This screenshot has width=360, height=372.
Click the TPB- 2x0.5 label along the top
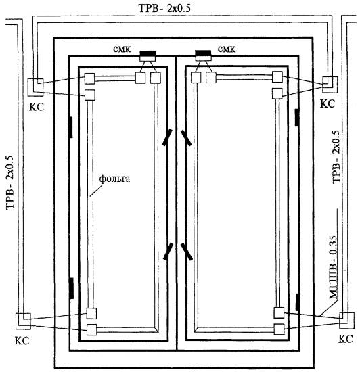point(164,9)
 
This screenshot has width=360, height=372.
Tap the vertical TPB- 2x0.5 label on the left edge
point(10,182)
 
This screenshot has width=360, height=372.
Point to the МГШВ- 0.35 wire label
point(333,267)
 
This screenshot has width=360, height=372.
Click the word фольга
point(114,179)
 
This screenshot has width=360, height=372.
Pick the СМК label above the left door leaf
point(122,49)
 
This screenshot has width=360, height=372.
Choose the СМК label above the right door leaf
point(227,49)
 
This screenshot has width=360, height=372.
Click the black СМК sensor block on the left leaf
point(148,53)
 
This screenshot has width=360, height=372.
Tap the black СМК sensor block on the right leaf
point(203,53)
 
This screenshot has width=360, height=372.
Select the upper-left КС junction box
point(36,87)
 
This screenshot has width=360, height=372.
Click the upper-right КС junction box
point(330,85)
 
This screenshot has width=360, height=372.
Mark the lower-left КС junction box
point(23,321)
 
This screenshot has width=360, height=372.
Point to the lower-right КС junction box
point(346,321)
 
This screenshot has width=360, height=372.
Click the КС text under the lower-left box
point(22,341)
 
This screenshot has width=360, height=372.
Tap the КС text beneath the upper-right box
point(328,104)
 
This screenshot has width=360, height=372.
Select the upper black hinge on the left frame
point(71,127)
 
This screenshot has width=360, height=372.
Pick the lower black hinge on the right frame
point(297,302)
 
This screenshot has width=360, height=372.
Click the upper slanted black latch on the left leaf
point(167,137)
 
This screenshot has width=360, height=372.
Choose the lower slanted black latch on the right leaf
point(186,252)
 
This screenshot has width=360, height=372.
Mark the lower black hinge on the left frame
point(71,288)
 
